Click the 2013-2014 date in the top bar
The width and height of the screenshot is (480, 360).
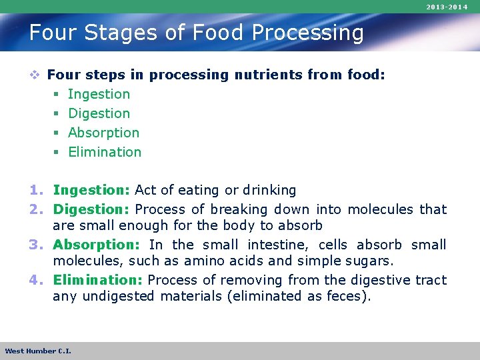(x=448, y=7)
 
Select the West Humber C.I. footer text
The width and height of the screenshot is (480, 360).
(x=38, y=351)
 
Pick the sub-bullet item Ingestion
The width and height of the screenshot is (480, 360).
(x=99, y=95)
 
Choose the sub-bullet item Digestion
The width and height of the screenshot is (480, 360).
(x=99, y=114)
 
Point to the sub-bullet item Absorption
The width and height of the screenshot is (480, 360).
(x=103, y=133)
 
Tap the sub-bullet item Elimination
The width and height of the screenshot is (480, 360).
(x=105, y=153)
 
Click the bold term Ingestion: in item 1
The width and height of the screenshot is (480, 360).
(x=92, y=191)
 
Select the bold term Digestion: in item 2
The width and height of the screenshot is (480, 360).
(x=92, y=210)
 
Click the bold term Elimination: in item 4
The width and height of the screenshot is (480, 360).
(x=99, y=280)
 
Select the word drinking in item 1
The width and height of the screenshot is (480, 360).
(x=269, y=191)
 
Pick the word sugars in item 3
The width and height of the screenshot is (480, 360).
(x=369, y=261)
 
